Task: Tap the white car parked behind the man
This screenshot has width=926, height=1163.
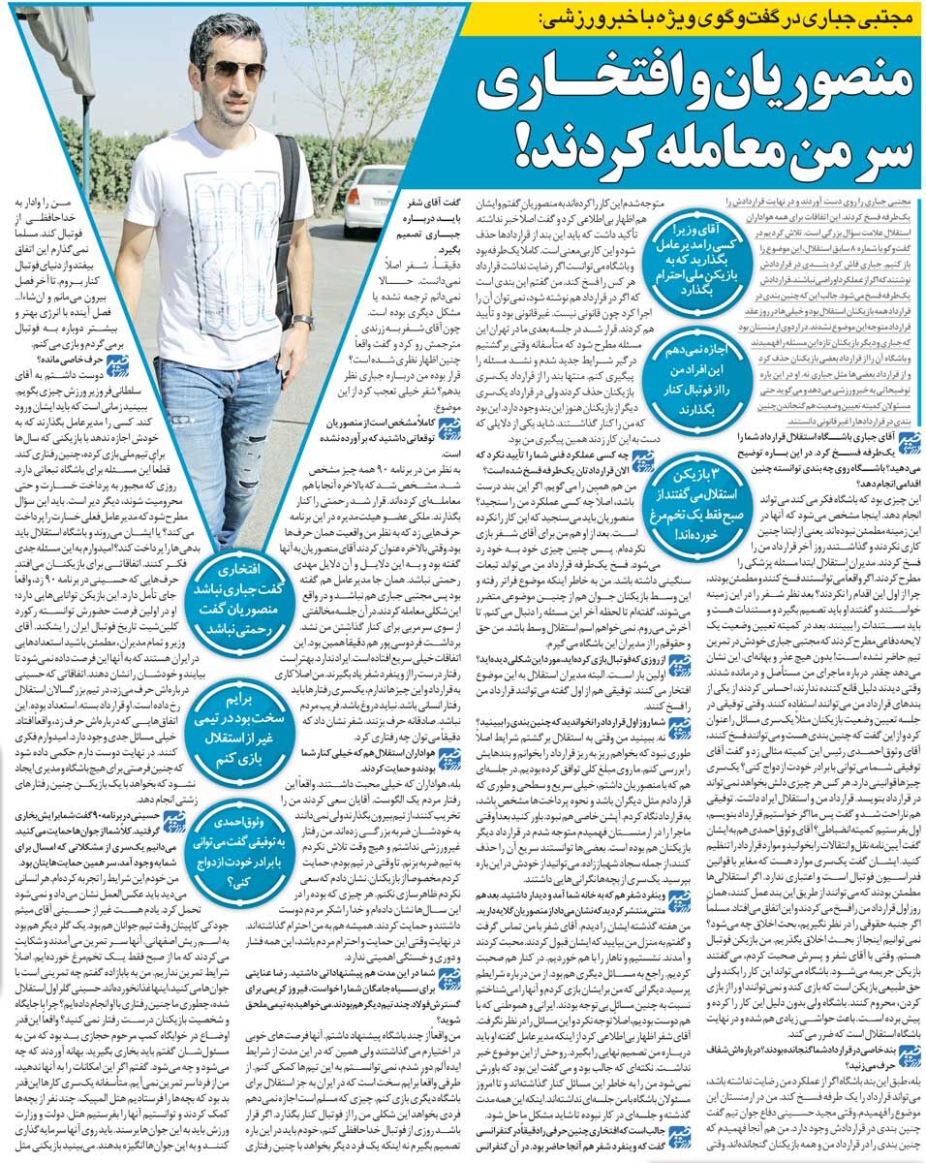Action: point(376,199)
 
